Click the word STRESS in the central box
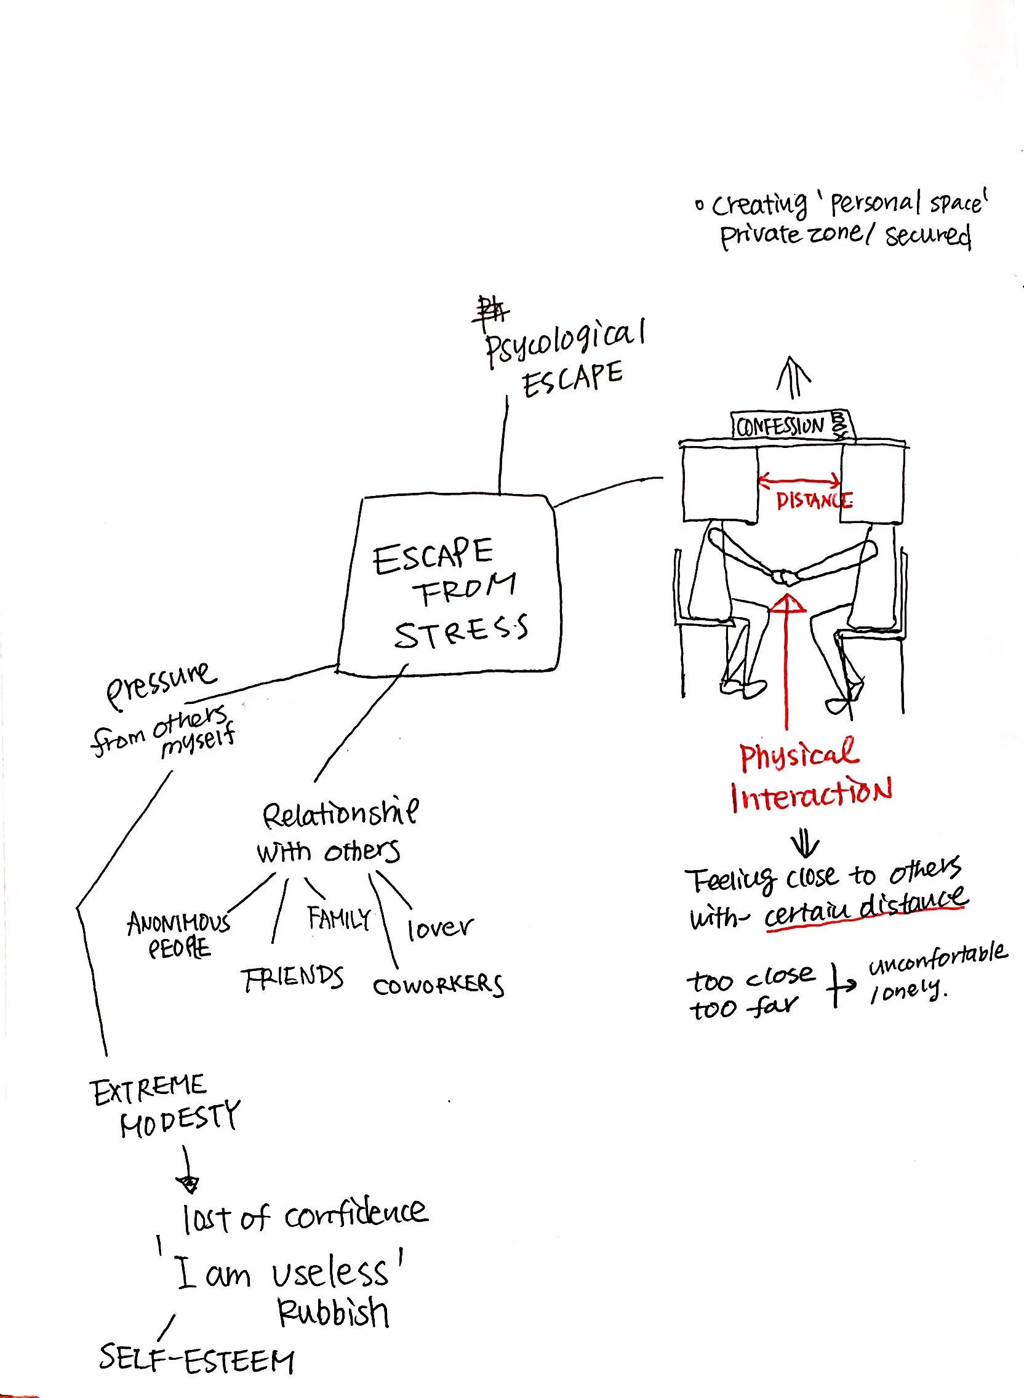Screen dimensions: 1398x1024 (461, 632)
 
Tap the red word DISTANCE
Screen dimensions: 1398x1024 (814, 500)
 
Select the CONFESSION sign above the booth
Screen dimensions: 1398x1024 (781, 426)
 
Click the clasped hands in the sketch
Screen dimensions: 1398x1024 (785, 578)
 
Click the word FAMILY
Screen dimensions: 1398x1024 (339, 918)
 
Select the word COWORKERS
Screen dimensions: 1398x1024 (438, 985)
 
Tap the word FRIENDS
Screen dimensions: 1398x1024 (292, 978)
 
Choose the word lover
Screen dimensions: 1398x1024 (439, 928)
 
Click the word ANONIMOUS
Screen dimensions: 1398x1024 (178, 923)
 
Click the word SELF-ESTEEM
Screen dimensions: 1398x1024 (196, 1361)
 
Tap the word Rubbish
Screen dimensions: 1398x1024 (333, 1312)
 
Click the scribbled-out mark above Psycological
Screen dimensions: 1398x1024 (490, 311)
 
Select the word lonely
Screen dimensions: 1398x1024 (908, 989)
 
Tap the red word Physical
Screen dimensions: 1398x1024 (799, 754)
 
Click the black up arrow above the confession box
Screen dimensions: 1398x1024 (793, 377)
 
